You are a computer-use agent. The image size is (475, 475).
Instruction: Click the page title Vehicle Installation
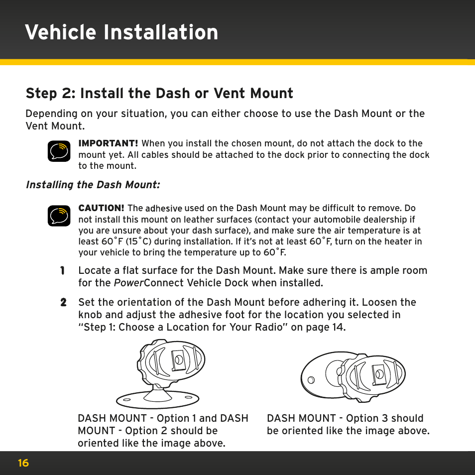pyautogui.click(x=121, y=32)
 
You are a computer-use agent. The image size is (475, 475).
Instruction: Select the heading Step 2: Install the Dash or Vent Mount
pyautogui.click(x=159, y=93)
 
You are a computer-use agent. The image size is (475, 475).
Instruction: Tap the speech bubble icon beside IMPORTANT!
pyautogui.click(x=59, y=151)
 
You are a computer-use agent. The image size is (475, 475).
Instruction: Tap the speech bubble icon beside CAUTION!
pyautogui.click(x=59, y=216)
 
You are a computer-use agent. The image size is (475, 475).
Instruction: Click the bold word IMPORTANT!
pyautogui.click(x=108, y=143)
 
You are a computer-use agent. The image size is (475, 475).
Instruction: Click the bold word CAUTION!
pyautogui.click(x=101, y=208)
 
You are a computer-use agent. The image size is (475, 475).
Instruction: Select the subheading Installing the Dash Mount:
pyautogui.click(x=93, y=185)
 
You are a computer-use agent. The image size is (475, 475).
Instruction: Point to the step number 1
pyautogui.click(x=63, y=271)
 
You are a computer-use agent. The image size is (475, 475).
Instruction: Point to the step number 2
pyautogui.click(x=63, y=303)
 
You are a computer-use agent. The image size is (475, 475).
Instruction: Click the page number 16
pyautogui.click(x=23, y=463)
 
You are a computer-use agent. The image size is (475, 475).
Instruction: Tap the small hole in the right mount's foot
pyautogui.click(x=311, y=379)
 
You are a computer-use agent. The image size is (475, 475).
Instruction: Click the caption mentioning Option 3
pyautogui.click(x=348, y=425)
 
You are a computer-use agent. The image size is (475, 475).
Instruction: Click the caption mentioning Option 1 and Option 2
pyautogui.click(x=163, y=431)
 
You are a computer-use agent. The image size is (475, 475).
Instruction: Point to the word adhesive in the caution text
pyautogui.click(x=164, y=209)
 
